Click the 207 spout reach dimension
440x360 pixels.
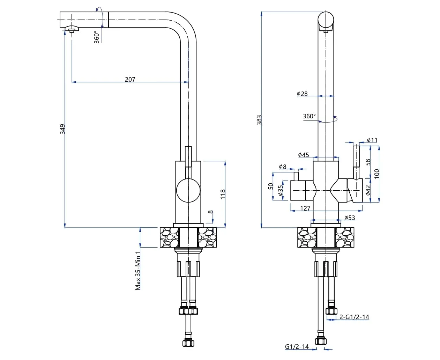coord(130,79)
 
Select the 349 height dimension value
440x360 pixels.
coord(62,129)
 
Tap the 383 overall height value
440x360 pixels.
coord(259,120)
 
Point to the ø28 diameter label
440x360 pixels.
coord(302,94)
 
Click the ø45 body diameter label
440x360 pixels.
coord(304,155)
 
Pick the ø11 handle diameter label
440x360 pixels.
coord(372,140)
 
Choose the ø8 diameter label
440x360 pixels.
coord(282,167)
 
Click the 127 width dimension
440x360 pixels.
coord(305,208)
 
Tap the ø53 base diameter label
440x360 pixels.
coord(350,218)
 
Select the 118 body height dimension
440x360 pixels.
coord(223,194)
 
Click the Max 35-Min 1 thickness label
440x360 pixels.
coord(138,271)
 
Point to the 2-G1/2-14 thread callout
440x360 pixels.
coord(354,317)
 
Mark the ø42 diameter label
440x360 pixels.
coord(368,190)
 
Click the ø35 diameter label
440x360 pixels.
coord(281,190)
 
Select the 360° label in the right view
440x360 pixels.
coord(309,116)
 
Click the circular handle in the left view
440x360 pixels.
coord(188,190)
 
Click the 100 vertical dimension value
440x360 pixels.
coord(376,174)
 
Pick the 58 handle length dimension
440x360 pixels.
coord(368,162)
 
